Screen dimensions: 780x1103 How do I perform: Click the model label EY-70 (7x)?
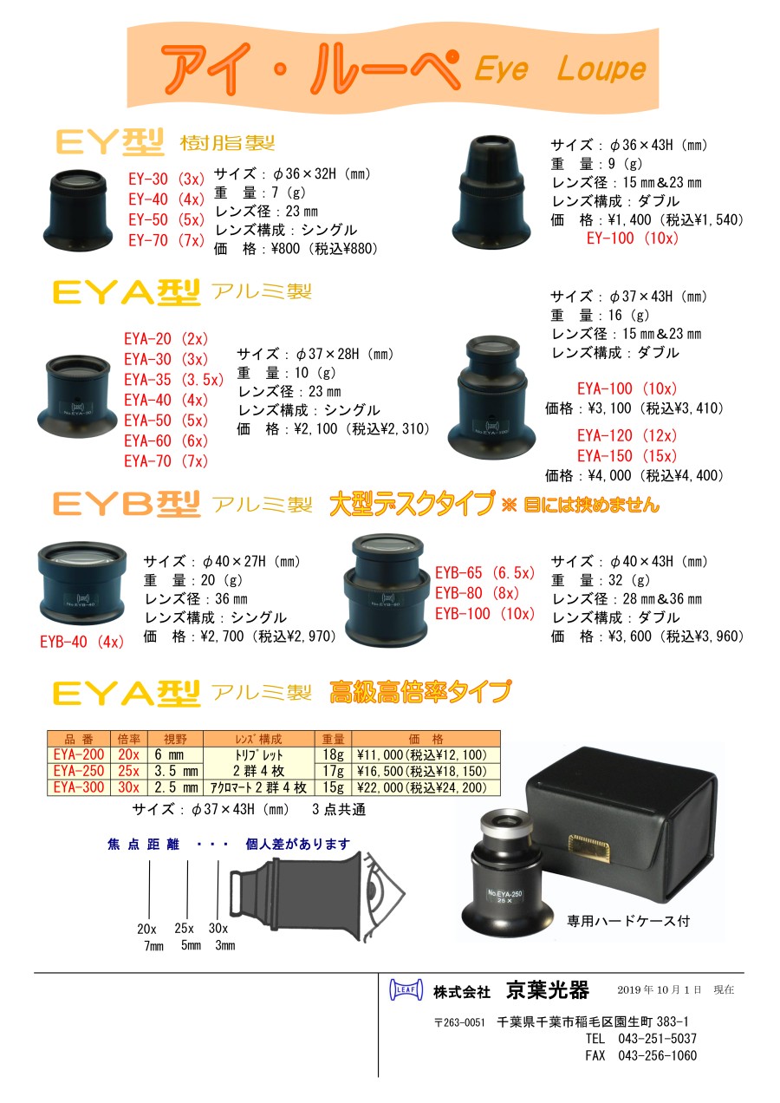[x=166, y=240]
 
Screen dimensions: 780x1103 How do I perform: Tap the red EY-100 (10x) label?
[x=633, y=238]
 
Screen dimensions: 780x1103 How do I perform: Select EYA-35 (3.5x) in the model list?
[x=173, y=380]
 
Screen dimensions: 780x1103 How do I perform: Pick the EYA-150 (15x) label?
[x=627, y=456]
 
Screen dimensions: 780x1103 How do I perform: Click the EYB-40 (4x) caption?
[x=81, y=642]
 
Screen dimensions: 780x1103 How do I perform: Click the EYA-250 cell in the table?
[x=79, y=771]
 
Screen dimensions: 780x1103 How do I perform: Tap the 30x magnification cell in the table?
[x=128, y=786]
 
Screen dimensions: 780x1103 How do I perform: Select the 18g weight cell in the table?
[x=333, y=754]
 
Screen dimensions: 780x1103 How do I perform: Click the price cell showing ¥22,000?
[x=426, y=786]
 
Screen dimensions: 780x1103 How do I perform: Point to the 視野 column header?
[x=175, y=739]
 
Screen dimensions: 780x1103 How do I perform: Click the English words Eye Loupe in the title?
[x=560, y=69]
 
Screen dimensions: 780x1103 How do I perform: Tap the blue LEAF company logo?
[x=406, y=989]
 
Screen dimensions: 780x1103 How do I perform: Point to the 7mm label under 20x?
[x=153, y=945]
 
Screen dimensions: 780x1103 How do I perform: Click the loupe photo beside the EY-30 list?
[x=78, y=209]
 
